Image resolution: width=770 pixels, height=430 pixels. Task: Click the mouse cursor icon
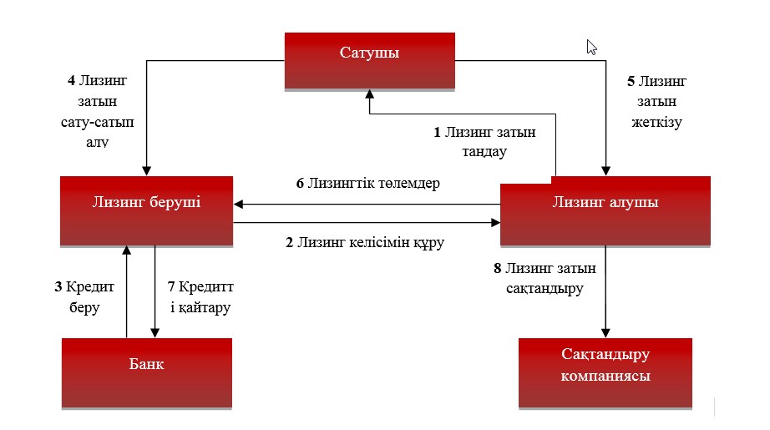(x=591, y=47)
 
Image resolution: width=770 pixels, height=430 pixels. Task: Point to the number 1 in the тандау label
(x=436, y=133)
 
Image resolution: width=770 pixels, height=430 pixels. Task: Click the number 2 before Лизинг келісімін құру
(x=289, y=243)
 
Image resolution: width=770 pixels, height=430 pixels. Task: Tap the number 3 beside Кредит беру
(x=58, y=287)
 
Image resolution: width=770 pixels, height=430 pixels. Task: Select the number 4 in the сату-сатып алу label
(x=71, y=82)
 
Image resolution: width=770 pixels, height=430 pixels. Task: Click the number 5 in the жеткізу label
(x=631, y=82)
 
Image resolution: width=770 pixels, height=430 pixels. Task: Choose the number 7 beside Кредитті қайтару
(x=170, y=287)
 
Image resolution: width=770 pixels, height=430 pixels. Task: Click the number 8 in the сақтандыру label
(x=499, y=269)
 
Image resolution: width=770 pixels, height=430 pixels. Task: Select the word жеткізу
(x=656, y=122)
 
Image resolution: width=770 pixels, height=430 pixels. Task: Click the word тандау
(x=479, y=152)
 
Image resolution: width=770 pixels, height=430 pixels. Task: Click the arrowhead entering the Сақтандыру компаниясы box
(x=605, y=333)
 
